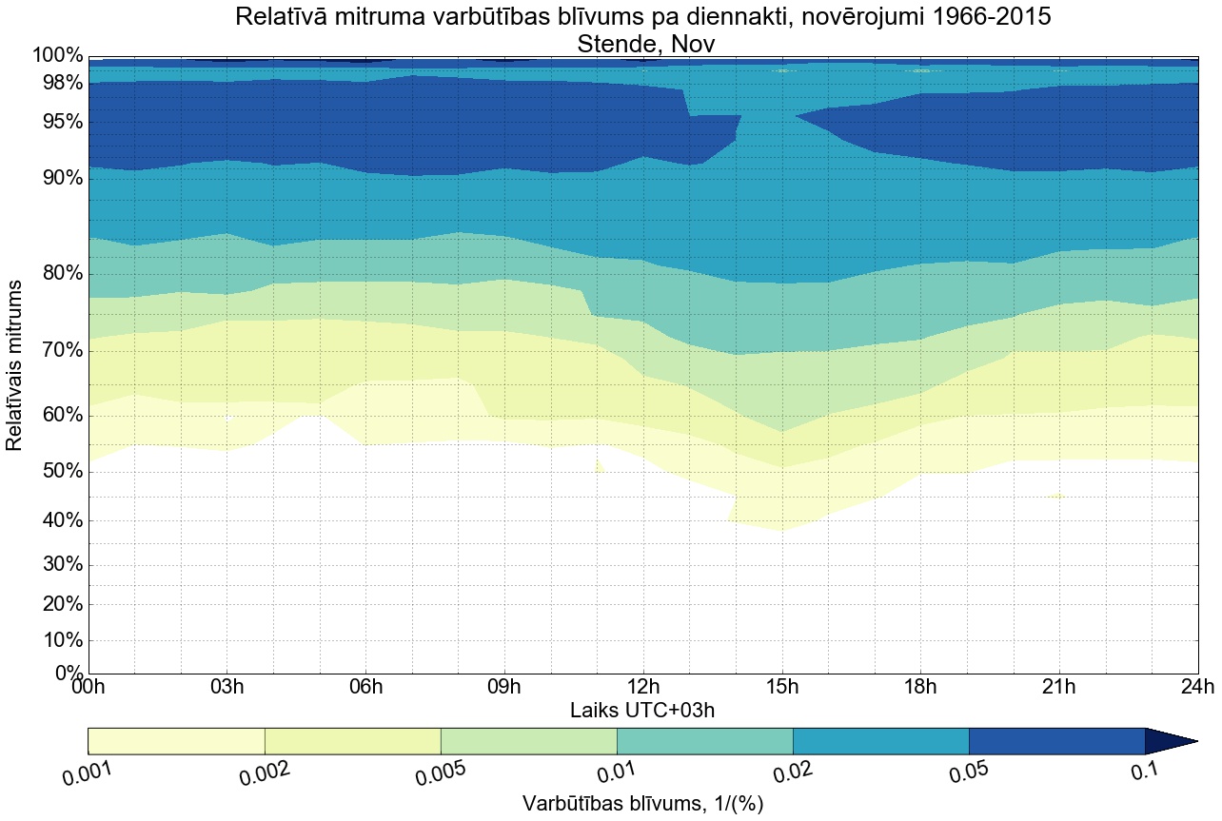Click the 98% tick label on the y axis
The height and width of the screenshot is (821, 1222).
point(58,83)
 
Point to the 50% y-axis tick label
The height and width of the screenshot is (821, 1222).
point(58,472)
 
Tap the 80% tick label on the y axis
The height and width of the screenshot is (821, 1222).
point(58,274)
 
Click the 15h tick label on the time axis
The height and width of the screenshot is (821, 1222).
point(782,687)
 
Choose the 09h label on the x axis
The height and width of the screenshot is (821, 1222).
point(504,687)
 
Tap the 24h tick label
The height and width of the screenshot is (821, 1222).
point(1197,687)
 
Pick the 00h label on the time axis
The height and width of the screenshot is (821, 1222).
point(89,687)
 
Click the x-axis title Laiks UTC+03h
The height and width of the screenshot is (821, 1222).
point(642,710)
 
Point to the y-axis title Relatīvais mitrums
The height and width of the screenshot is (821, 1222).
point(15,365)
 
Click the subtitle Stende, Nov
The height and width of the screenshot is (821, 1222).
point(643,43)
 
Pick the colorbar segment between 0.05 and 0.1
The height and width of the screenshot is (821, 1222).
point(1056,741)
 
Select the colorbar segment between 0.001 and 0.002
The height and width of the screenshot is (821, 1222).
point(176,741)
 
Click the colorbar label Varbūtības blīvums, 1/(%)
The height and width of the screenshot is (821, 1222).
point(642,804)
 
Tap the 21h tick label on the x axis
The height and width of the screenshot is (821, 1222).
point(1059,687)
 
